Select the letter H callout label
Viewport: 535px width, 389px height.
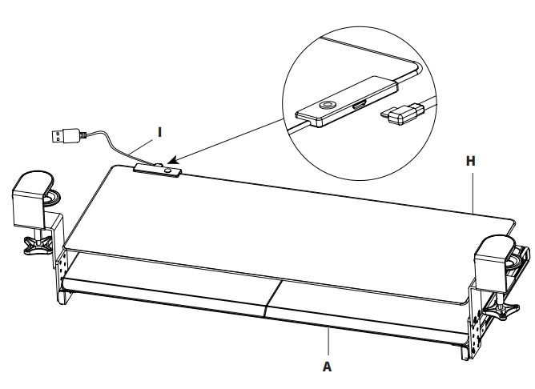pos(472,160)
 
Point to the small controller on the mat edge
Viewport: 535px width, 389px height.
pos(157,169)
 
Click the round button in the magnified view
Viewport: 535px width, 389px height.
pos(328,105)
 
